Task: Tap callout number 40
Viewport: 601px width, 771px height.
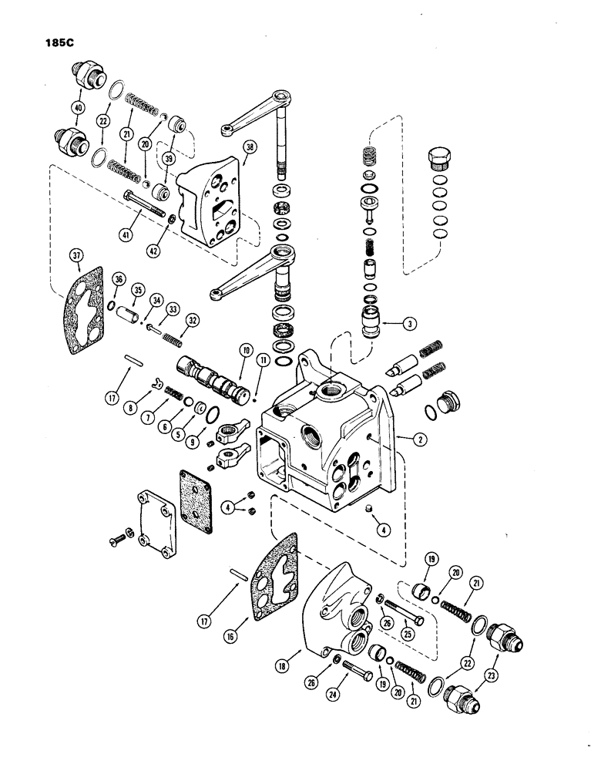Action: [x=77, y=109]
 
